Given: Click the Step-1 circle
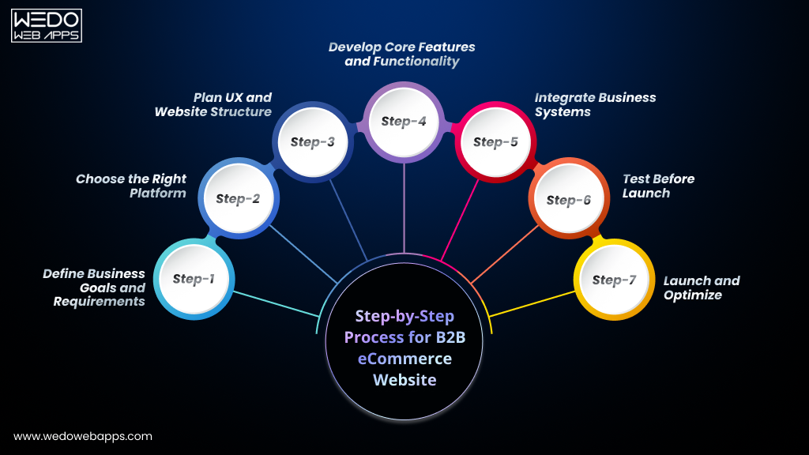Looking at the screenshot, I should (193, 279).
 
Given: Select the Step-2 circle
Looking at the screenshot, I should (237, 199).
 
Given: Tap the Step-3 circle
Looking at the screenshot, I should (312, 142).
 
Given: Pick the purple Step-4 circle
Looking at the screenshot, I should (404, 122).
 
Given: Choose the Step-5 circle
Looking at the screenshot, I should (495, 142).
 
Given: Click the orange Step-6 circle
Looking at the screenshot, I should (568, 200).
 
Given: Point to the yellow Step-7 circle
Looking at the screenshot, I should (613, 280).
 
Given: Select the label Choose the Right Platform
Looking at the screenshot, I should (131, 186).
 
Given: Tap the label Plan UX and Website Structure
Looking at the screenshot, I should (213, 104).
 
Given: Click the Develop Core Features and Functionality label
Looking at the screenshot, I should (402, 55).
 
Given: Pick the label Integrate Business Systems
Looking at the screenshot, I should (595, 104).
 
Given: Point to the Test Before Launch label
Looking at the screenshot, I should (657, 186).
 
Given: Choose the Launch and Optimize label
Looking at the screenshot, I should (701, 288).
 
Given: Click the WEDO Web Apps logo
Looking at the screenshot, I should (47, 25).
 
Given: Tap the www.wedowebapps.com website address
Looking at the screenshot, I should (83, 436).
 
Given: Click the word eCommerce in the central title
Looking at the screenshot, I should (404, 359).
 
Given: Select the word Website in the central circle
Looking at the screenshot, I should (404, 380).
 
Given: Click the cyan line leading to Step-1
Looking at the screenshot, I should (273, 304).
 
